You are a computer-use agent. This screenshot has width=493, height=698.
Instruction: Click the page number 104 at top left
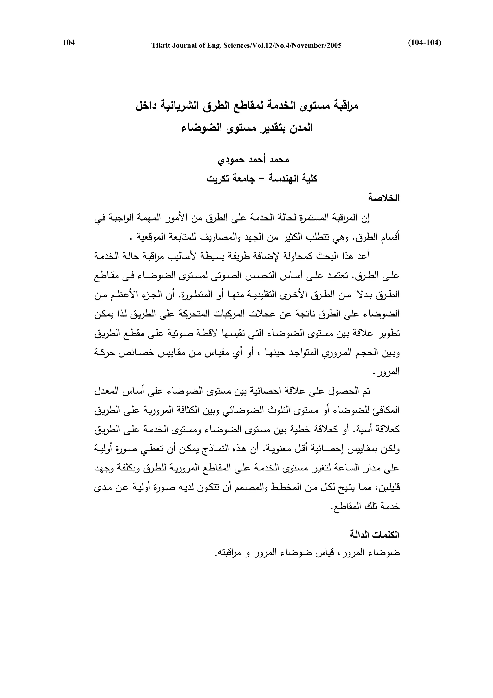point(69,43)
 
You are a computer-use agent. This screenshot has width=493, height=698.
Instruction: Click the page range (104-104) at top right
point(424,43)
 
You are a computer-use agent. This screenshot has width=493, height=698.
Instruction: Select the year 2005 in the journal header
point(334,46)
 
